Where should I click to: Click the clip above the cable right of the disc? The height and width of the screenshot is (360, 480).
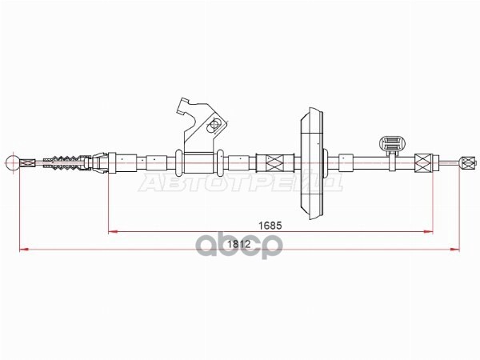(392, 145)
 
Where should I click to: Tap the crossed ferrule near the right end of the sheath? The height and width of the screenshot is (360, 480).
(424, 162)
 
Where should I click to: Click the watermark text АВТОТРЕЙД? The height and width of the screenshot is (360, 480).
(240, 184)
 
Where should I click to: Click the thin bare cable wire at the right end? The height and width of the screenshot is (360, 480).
(446, 162)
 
